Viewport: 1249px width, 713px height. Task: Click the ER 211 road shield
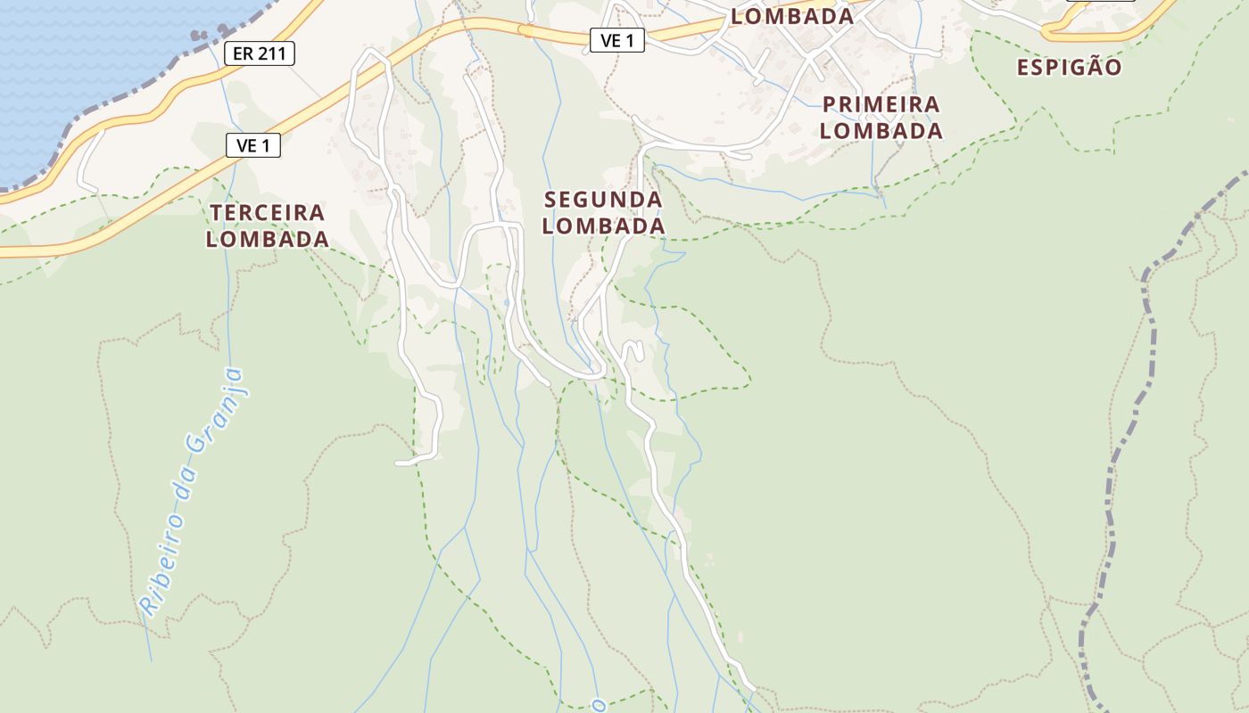point(259,53)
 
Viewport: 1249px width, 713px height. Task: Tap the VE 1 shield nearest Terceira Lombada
point(253,145)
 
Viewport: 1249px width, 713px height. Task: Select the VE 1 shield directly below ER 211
point(253,145)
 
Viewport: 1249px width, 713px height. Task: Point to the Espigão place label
point(1069,68)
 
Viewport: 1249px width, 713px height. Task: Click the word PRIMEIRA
point(881,104)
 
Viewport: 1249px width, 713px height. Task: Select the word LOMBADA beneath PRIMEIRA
point(881,131)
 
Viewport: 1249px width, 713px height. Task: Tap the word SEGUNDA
point(603,200)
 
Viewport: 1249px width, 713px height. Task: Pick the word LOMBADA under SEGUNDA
point(603,226)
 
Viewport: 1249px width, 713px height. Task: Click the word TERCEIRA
point(268,213)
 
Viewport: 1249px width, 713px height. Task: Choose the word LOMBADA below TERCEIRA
point(268,240)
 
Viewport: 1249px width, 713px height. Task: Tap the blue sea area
point(71,71)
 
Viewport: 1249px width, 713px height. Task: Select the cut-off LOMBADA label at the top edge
point(792,16)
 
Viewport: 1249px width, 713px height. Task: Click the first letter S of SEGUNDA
point(550,200)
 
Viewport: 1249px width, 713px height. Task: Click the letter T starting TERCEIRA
point(216,213)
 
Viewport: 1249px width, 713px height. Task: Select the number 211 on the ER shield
point(271,53)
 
